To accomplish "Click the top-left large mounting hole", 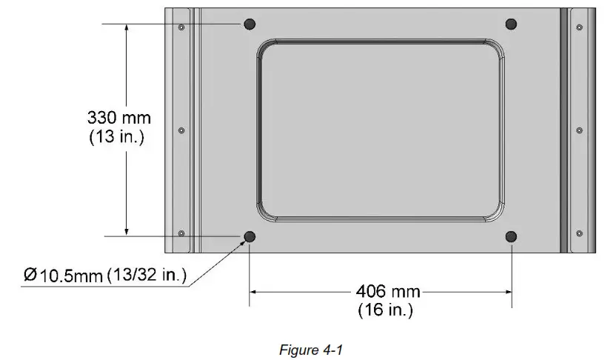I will (249, 24).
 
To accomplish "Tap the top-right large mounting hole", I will (510, 24).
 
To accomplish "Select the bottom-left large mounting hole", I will (249, 236).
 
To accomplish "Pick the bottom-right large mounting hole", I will (510, 236).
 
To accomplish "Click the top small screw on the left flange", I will (181, 27).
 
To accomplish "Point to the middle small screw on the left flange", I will (181, 130).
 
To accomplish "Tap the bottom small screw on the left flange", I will (181, 233).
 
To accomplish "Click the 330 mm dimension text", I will (118, 118).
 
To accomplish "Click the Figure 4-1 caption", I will (306, 350).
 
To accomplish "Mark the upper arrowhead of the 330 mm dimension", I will (127, 28).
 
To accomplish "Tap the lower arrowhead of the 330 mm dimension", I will (127, 231).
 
